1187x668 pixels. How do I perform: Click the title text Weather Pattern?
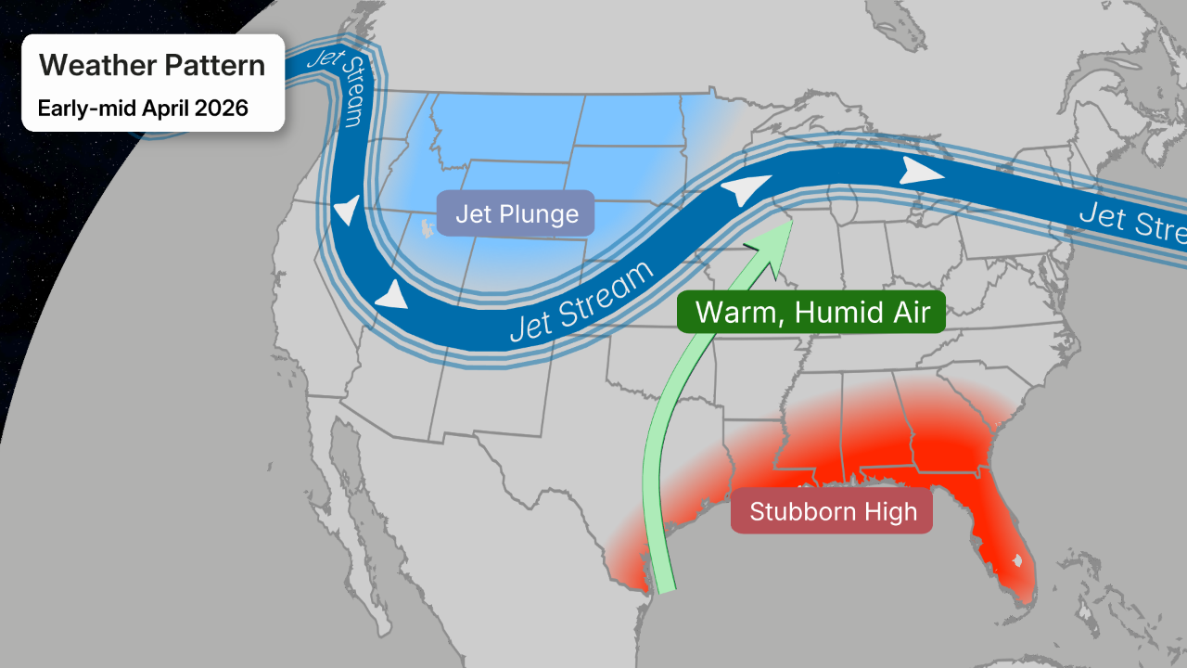pos(152,66)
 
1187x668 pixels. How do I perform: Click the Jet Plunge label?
pos(516,214)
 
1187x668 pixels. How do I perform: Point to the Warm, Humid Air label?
pos(811,312)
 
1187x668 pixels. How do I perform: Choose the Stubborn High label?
pos(832,511)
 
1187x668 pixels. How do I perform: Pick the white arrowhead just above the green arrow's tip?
pos(747,188)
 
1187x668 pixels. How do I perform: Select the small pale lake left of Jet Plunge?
pos(427,226)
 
